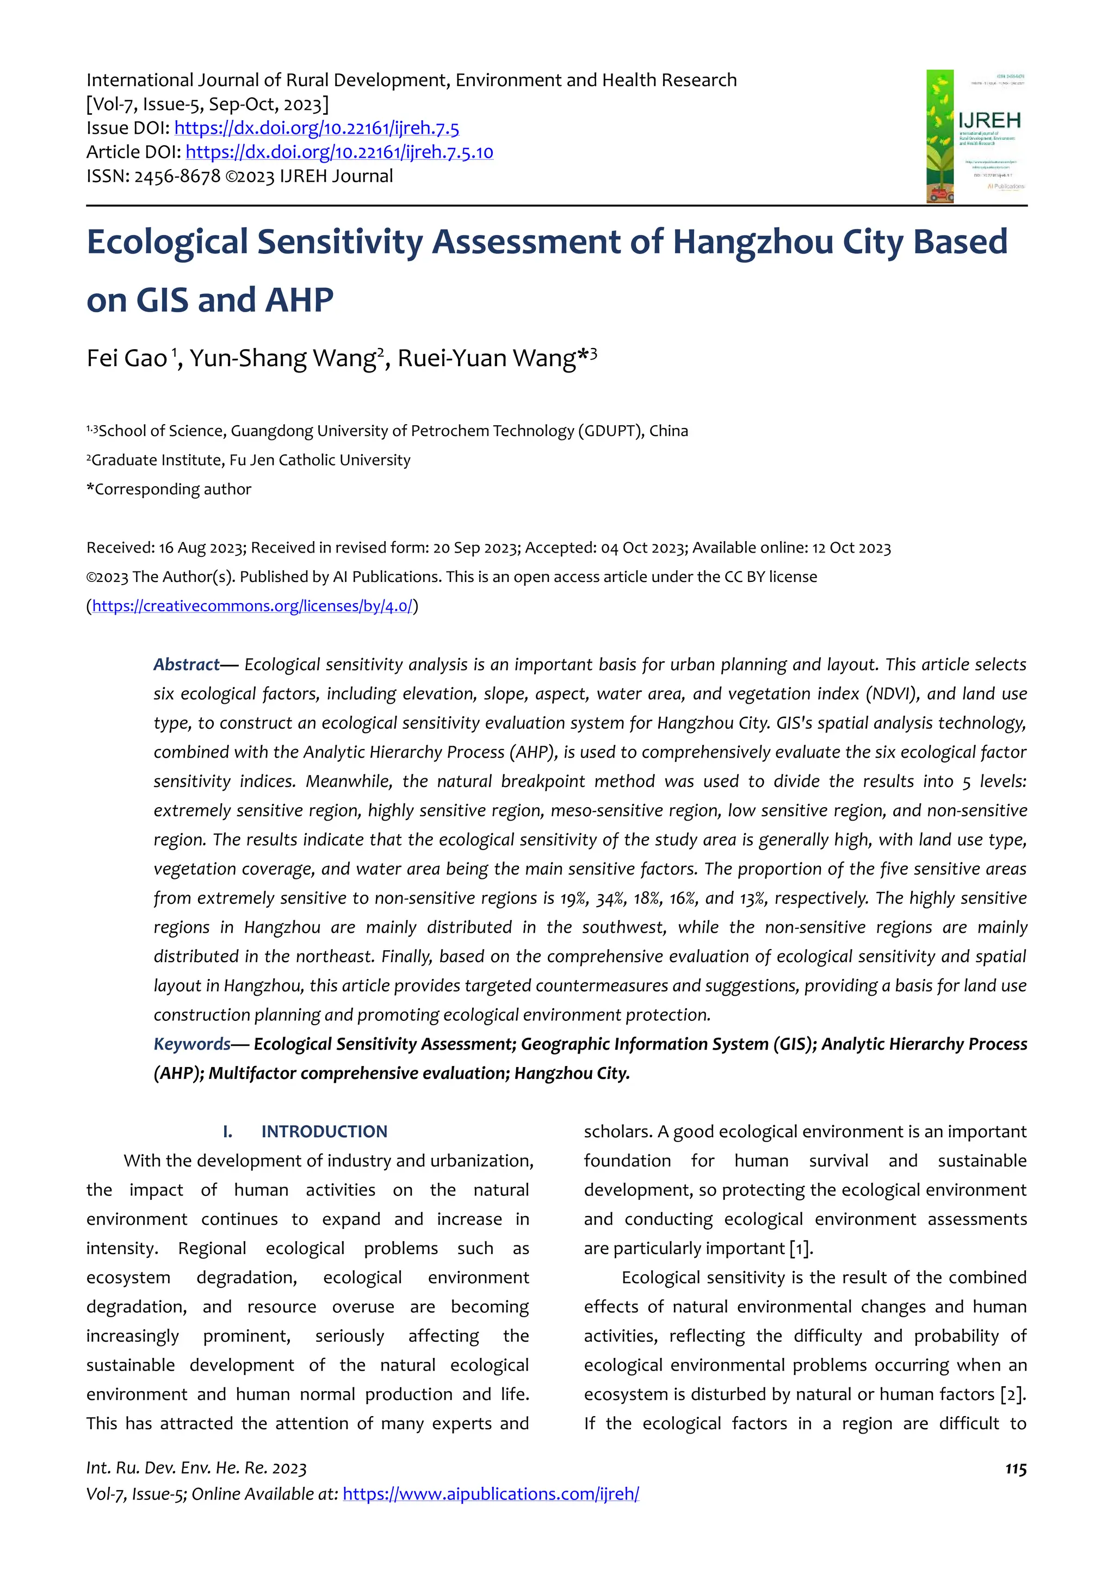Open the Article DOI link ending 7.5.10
pos(339,152)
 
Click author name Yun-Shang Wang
pos(282,358)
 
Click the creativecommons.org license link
pos(252,606)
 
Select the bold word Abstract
pos(186,665)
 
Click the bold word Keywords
pos(192,1044)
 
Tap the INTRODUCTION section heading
pos(324,1131)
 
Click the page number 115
pos(1015,1468)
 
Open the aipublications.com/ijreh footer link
pos(491,1494)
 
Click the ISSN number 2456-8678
pos(177,176)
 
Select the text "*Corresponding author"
pos(169,489)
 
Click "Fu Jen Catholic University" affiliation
pos(320,460)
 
